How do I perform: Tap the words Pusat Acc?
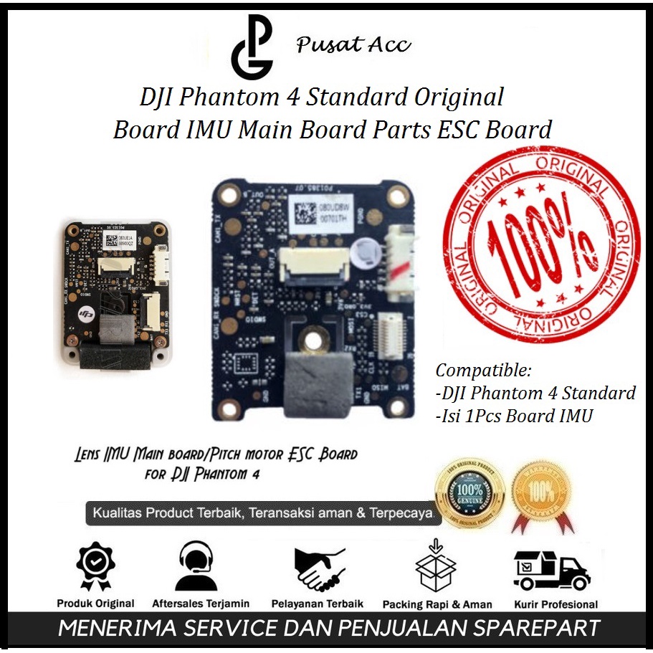click(353, 45)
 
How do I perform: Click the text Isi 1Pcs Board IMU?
click(515, 416)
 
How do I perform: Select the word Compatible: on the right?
click(484, 371)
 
